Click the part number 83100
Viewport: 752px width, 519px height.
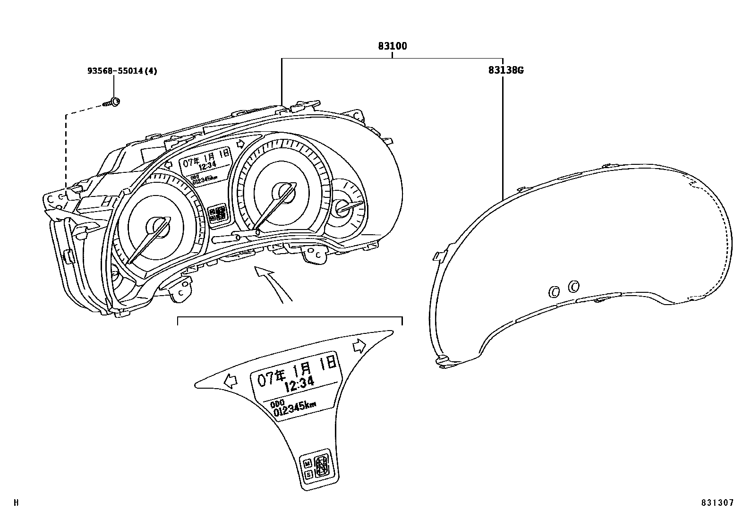(x=392, y=46)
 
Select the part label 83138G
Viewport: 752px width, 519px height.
(x=506, y=70)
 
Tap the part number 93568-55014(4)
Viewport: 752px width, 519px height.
(x=122, y=71)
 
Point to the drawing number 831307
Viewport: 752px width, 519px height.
(x=717, y=503)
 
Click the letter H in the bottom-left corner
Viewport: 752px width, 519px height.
(x=16, y=502)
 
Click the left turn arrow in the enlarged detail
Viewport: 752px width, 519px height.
(x=231, y=381)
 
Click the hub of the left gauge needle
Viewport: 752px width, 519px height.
(x=156, y=226)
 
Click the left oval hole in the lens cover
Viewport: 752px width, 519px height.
(x=554, y=292)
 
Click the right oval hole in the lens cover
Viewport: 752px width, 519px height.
(x=573, y=286)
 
